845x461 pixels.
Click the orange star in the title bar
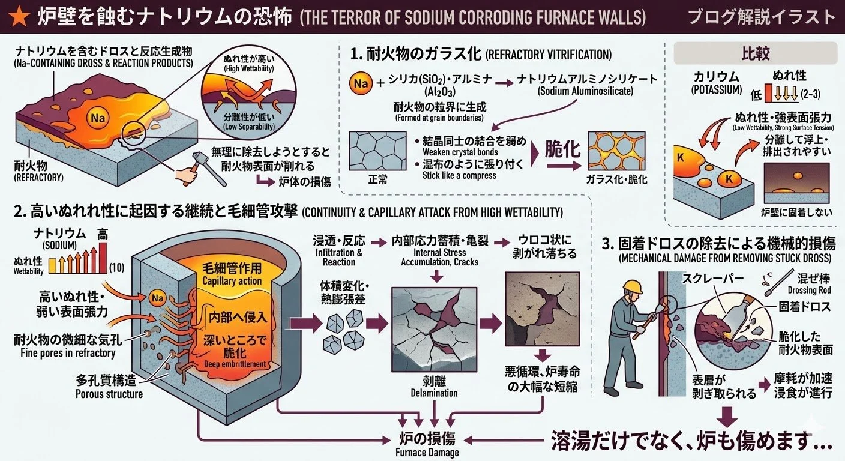click(17, 16)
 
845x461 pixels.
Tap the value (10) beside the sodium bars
click(118, 267)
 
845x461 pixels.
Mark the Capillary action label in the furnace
click(232, 281)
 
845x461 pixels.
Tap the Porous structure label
click(109, 394)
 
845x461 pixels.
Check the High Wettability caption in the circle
click(240, 68)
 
